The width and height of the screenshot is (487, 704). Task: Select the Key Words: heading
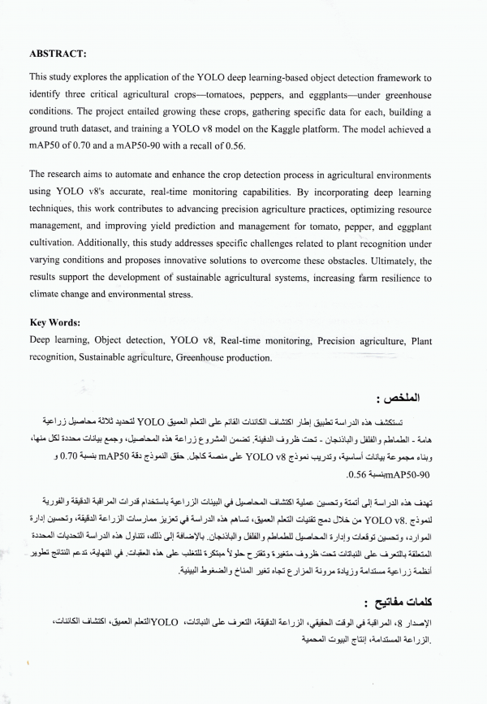pos(59,322)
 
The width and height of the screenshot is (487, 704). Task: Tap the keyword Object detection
pos(123,341)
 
